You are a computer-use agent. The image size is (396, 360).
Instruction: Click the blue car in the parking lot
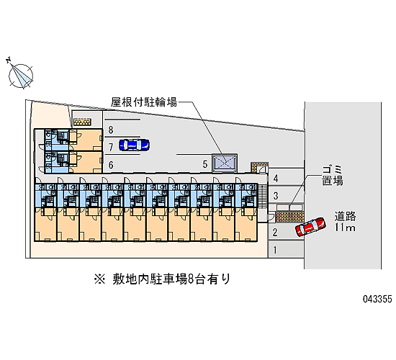tap(134, 145)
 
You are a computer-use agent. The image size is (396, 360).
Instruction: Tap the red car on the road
tap(310, 227)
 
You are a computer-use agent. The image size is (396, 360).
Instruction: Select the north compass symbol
tap(20, 75)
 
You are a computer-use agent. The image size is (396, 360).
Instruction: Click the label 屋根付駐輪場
tap(144, 102)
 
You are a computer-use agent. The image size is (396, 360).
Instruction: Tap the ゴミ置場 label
tap(333, 176)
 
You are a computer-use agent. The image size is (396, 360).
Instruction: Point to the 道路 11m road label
tap(345, 222)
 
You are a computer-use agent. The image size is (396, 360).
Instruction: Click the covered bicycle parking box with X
tap(225, 163)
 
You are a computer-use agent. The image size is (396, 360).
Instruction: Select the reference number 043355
tap(377, 299)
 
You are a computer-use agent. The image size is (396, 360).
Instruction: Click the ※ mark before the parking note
tap(99, 279)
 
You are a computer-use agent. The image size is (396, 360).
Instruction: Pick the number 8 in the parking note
tap(191, 279)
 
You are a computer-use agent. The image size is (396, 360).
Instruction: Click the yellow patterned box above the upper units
tap(82, 122)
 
